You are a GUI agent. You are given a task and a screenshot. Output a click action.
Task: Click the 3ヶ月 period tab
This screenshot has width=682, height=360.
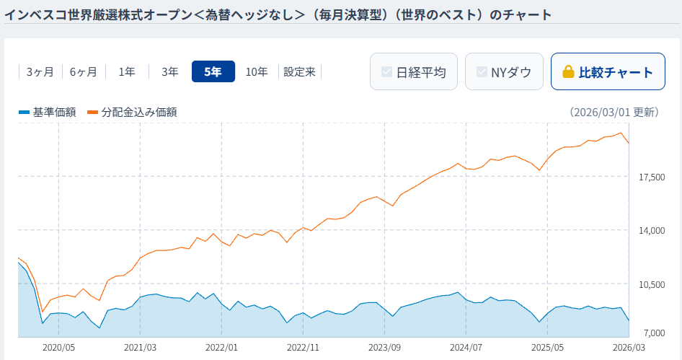[40, 71]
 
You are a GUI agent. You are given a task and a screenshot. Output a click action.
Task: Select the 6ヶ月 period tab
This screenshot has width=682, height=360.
[84, 71]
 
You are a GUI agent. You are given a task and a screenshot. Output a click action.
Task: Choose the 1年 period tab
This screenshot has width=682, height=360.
[127, 71]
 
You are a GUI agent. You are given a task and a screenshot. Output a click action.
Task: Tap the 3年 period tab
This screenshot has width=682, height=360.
[170, 71]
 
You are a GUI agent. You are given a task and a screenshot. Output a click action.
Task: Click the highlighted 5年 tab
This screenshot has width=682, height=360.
[213, 71]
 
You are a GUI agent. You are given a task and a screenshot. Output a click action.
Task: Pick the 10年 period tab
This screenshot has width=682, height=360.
[257, 71]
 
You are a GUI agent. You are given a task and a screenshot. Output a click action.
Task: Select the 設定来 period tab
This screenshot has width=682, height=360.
[300, 71]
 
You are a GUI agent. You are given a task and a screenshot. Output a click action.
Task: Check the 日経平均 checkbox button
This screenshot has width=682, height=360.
[414, 71]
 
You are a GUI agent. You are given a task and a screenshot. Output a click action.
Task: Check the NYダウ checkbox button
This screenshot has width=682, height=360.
[504, 71]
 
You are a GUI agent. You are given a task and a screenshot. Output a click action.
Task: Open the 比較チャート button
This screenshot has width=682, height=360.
[608, 71]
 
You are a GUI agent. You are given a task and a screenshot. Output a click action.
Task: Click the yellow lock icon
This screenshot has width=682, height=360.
[568, 72]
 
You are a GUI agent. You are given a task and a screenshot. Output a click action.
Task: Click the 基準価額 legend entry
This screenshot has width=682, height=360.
[48, 112]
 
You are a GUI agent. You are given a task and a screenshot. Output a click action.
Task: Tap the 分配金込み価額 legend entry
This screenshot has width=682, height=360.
[133, 112]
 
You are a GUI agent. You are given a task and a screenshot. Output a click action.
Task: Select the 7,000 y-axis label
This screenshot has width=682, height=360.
[652, 333]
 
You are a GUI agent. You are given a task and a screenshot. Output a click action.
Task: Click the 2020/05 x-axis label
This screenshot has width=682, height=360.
[59, 347]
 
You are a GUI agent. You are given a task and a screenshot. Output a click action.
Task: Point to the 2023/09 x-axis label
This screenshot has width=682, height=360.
[384, 347]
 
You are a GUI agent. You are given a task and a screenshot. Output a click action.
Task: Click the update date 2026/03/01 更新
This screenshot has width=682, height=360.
[614, 112]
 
